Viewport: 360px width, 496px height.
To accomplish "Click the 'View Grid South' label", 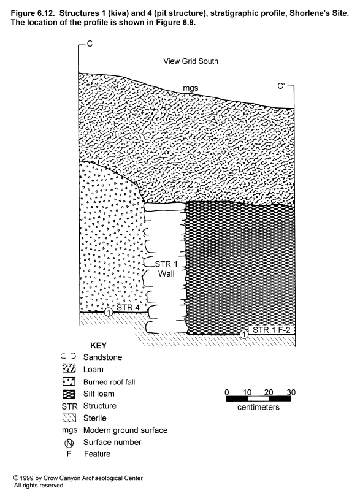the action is tap(191, 61).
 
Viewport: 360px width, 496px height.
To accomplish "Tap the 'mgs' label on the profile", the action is tap(191, 88).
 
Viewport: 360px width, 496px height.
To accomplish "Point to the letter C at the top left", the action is tap(90, 44).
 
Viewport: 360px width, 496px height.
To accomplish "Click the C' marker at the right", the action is tap(281, 86).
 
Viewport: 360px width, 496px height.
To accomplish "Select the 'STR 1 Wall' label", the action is tap(166, 269).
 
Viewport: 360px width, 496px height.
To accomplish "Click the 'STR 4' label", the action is tap(128, 307).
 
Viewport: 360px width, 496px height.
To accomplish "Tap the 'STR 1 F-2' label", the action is tap(271, 330).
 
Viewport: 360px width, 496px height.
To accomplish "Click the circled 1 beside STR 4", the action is tap(109, 312).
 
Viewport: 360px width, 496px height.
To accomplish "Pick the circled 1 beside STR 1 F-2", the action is tap(243, 334).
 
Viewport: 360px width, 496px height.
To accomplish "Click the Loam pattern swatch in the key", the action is tap(69, 368).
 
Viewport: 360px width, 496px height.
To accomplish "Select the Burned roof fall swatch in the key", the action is tap(69, 381).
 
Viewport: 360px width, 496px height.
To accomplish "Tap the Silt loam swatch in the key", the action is tap(69, 394).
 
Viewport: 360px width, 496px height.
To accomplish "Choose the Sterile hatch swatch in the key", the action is tap(69, 418).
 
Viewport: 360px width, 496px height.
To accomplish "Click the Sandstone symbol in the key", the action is tap(68, 356).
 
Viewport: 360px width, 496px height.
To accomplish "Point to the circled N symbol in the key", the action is tap(69, 443).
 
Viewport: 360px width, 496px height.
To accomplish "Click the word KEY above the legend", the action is tap(98, 345).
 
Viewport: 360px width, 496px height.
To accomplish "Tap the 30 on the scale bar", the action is tap(291, 392).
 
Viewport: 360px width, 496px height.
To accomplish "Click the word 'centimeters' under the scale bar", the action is tap(258, 407).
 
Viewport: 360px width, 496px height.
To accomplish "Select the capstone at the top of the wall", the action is tap(165, 207).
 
